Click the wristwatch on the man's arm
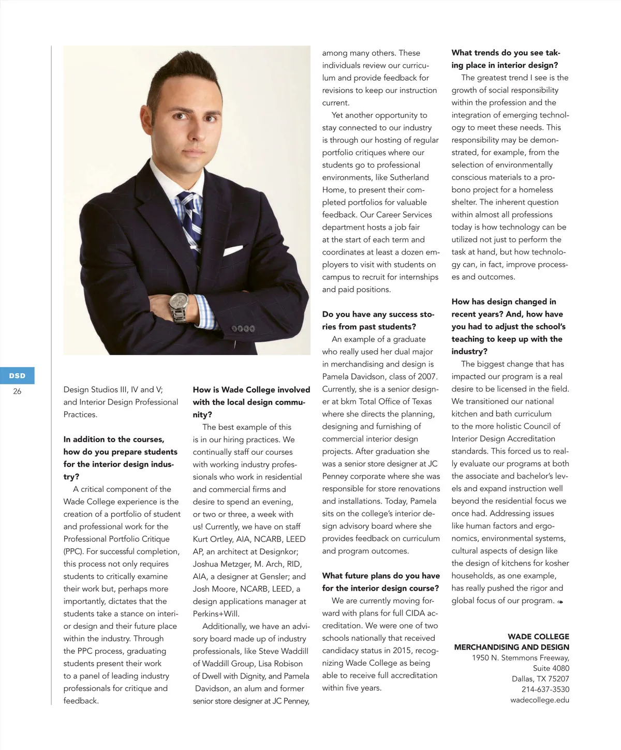pyautogui.click(x=179, y=305)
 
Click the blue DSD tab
pyautogui.click(x=17, y=376)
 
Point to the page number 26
pyautogui.click(x=17, y=392)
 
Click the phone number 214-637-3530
pyautogui.click(x=545, y=689)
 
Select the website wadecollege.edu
pyautogui.click(x=539, y=700)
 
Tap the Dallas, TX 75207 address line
pyautogui.click(x=540, y=679)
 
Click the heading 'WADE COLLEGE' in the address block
pyautogui.click(x=538, y=637)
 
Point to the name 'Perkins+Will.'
pyautogui.click(x=216, y=614)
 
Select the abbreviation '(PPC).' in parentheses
pyautogui.click(x=73, y=551)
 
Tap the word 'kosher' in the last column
pyautogui.click(x=556, y=563)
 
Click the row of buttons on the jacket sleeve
pyautogui.click(x=243, y=328)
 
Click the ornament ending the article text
pyautogui.click(x=560, y=602)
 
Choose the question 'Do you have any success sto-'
pyautogui.click(x=378, y=314)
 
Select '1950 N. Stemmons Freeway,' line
pyautogui.click(x=520, y=658)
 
